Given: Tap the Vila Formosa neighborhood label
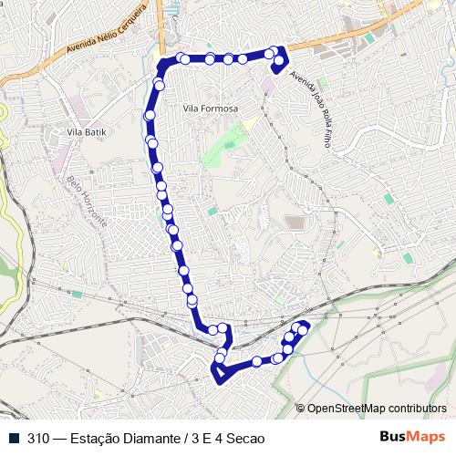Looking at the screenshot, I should pos(210,109).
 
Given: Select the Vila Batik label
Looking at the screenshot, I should pos(88,132).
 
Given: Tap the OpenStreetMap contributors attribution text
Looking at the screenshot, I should pos(377,408).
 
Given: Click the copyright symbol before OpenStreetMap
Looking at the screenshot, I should pos(301,408).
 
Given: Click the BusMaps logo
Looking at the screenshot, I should pos(412,437).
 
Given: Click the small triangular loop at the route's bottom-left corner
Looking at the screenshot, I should pos(219,373).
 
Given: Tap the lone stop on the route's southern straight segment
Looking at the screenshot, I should pos(257,361).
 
